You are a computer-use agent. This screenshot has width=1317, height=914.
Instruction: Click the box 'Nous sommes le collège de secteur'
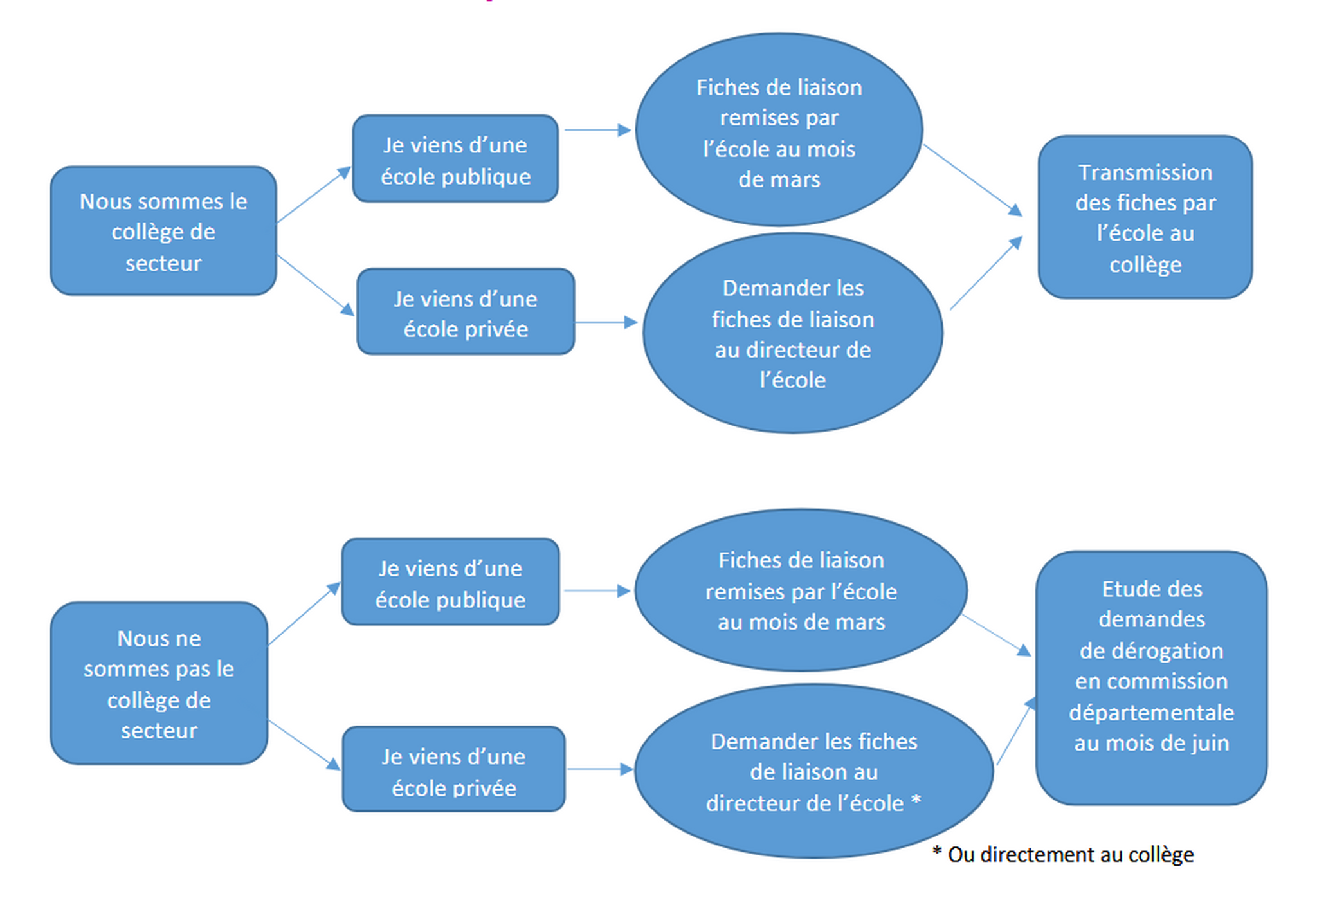click(x=163, y=231)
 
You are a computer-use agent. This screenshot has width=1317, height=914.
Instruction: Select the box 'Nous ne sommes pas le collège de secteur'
click(x=159, y=683)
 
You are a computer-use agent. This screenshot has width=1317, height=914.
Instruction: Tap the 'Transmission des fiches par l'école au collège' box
click(x=1145, y=217)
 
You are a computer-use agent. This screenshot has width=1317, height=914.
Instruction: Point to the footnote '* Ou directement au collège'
click(x=1063, y=854)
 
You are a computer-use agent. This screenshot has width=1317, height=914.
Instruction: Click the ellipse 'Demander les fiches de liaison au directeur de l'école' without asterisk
click(x=792, y=333)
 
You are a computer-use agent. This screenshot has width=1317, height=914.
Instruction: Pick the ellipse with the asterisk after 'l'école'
click(x=813, y=771)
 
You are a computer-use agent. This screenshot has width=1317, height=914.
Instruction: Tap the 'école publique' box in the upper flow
click(x=455, y=160)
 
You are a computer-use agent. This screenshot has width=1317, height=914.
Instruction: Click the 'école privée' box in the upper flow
click(x=466, y=313)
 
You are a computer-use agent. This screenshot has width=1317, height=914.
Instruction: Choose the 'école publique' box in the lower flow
click(x=450, y=583)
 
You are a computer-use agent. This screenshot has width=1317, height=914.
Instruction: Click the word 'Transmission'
click(x=1145, y=172)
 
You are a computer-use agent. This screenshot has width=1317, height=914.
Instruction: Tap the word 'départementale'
click(x=1151, y=712)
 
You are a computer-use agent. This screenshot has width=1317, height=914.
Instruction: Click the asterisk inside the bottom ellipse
click(x=916, y=801)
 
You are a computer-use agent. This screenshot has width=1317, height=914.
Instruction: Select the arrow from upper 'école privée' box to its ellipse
click(x=605, y=322)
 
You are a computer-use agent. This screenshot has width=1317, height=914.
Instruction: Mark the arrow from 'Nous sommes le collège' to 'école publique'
click(x=314, y=195)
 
